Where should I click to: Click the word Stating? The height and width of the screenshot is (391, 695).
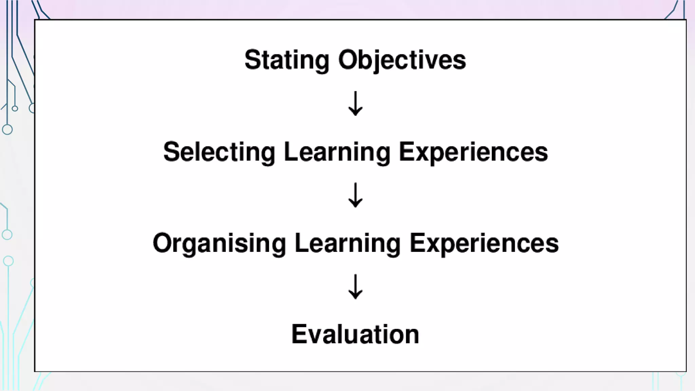(x=287, y=60)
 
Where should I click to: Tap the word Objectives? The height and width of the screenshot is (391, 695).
(x=402, y=60)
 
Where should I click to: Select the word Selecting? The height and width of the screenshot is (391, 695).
(x=219, y=152)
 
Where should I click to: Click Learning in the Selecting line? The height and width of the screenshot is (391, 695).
(x=337, y=152)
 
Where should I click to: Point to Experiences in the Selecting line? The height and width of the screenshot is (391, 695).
(x=473, y=152)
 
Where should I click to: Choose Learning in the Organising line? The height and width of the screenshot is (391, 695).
(x=348, y=243)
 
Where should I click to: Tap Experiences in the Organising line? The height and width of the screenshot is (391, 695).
(x=484, y=243)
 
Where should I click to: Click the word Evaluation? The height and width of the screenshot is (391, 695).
(x=355, y=334)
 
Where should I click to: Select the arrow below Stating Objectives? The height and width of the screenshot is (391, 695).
(x=355, y=104)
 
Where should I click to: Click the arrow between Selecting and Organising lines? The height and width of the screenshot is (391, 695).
(x=355, y=195)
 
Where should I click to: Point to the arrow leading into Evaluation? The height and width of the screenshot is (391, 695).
(x=355, y=287)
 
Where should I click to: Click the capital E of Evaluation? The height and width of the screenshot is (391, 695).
(x=299, y=334)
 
